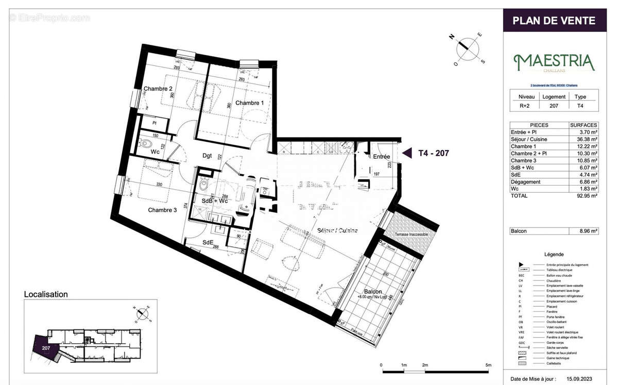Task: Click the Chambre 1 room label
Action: tap(249, 103)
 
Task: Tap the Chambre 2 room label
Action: tap(158, 89)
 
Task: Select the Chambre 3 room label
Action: tap(162, 210)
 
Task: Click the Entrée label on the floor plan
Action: tap(382, 157)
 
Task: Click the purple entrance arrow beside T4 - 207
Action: tap(407, 153)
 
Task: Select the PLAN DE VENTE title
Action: tap(554, 21)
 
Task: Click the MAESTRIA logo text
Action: tap(554, 62)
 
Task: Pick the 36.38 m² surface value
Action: tap(583, 139)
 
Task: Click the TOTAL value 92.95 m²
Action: tap(583, 196)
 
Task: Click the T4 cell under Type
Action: tap(580, 106)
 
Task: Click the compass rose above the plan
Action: tap(468, 48)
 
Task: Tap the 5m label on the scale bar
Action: tap(488, 365)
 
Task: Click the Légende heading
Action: tap(554, 254)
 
